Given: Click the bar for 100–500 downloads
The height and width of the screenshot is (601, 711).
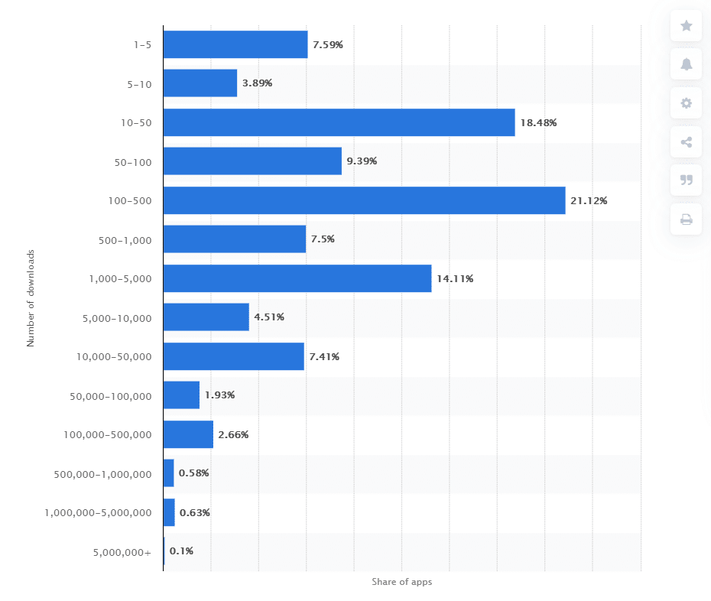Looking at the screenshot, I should [364, 200].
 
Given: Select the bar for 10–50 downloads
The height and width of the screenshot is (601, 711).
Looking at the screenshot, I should [339, 122].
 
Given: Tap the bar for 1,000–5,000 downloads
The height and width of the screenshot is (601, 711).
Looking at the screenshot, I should [297, 278].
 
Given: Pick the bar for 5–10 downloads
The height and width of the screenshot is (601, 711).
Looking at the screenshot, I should [200, 83].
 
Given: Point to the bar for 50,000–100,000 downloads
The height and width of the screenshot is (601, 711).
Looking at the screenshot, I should [181, 395].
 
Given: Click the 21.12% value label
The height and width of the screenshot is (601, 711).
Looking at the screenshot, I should [589, 201].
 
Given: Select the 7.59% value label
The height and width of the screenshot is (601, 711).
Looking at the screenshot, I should [328, 44].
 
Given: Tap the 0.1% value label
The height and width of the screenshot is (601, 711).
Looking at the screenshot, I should [181, 551].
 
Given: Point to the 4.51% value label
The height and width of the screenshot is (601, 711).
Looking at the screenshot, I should [269, 317].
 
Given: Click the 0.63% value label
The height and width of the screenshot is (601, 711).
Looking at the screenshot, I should [195, 512].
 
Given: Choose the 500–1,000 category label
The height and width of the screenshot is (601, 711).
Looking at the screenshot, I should [126, 240].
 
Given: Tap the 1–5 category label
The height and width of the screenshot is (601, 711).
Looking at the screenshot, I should [142, 45].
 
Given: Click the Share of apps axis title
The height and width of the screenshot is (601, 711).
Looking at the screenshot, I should [402, 582].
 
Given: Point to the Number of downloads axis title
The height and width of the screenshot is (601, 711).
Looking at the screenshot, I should [31, 298].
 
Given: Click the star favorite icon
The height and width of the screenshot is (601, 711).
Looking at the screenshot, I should [686, 26].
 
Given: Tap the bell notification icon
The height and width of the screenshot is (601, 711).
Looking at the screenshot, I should [686, 64].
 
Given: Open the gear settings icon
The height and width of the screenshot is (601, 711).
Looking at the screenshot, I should [686, 103].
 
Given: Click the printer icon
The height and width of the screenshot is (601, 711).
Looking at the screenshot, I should [686, 220].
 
